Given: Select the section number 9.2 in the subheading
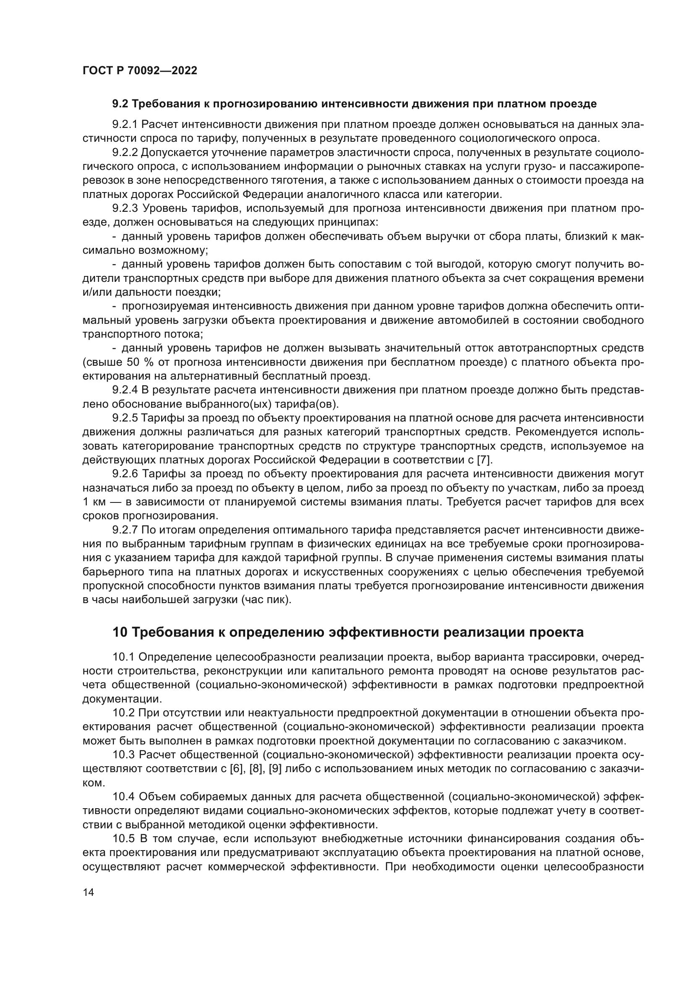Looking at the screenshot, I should point(121,104).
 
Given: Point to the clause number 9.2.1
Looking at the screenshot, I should point(125,124).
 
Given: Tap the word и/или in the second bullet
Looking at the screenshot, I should point(95,292).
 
